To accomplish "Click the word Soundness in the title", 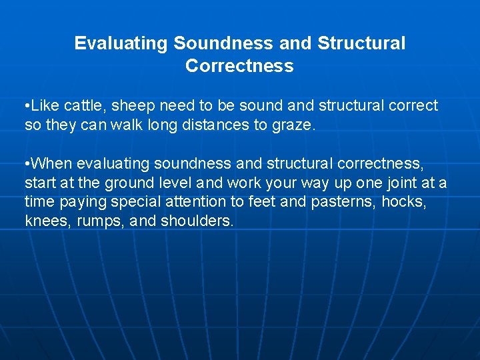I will tap(223, 43).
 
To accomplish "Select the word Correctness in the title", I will tap(239, 66).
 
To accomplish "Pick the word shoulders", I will tap(197, 221).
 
